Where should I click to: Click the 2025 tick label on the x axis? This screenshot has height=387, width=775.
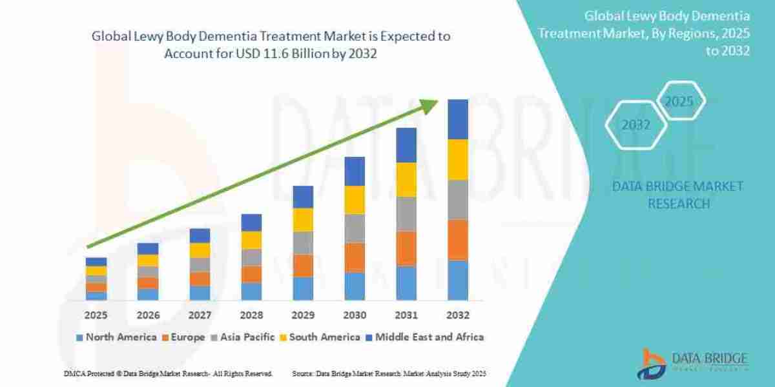[96, 315]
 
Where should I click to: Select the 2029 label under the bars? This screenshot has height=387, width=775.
[303, 315]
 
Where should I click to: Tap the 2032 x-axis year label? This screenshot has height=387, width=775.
[457, 315]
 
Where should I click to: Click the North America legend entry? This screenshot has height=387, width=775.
[116, 337]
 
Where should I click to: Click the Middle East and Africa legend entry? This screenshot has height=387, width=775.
[427, 337]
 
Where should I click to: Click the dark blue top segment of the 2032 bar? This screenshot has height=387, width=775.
[457, 119]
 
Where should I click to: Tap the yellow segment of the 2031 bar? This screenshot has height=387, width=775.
[406, 179]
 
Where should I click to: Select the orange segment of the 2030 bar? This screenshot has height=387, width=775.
[355, 257]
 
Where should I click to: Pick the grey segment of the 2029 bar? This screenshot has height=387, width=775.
[303, 243]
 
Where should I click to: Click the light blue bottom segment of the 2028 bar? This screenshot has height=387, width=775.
[251, 291]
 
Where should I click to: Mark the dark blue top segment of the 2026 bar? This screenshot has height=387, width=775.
[148, 248]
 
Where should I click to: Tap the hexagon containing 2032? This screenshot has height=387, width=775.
[635, 125]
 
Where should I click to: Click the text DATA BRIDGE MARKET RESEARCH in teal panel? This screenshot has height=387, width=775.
[677, 195]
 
